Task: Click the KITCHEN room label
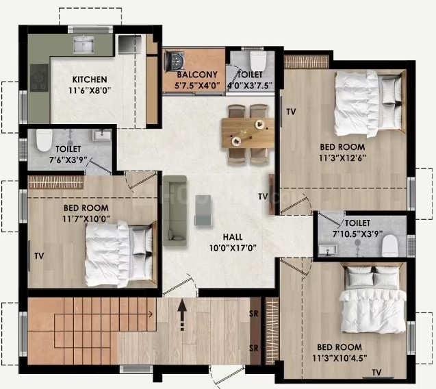90,79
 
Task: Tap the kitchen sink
84,45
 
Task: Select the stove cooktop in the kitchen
39,77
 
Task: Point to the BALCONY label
197,75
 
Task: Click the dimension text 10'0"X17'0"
233,248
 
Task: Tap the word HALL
233,237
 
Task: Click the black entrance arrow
182,315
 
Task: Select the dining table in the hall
248,133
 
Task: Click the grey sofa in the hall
175,211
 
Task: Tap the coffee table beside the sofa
203,210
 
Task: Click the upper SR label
253,314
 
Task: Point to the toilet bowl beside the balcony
258,61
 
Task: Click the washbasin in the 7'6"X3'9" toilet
101,135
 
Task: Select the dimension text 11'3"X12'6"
342,158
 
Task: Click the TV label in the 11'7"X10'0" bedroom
39,255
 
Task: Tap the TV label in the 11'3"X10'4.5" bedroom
376,372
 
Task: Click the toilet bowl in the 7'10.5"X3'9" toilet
390,245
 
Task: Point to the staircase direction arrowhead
151,314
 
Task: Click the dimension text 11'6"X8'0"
90,90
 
